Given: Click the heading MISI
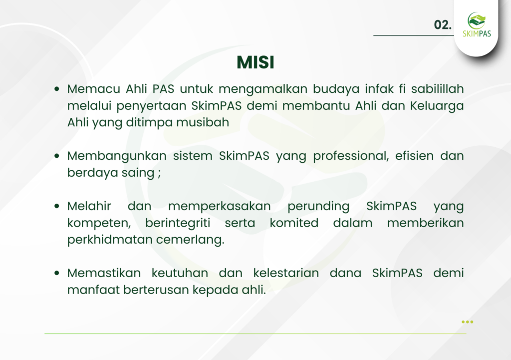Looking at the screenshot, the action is (255, 62).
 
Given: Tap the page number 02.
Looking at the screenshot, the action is (443, 25).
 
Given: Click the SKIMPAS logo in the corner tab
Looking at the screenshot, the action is (477, 24).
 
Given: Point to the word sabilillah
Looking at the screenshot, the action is (437, 89).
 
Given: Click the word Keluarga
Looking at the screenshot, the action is (437, 106).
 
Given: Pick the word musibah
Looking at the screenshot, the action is (203, 122).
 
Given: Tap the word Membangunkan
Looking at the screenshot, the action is (117, 156).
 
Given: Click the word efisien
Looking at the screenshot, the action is (414, 156).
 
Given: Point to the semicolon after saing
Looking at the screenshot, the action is (159, 173).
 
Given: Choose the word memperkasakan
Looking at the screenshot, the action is (220, 207).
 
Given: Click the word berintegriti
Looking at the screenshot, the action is (178, 223).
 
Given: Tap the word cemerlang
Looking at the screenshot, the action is (190, 240).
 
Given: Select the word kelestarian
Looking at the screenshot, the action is (286, 273).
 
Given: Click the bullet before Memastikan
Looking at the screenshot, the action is (57, 273).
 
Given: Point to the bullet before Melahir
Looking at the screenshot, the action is (57, 206).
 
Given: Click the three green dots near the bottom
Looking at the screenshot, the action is (467, 322).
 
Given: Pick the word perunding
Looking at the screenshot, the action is (318, 207).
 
